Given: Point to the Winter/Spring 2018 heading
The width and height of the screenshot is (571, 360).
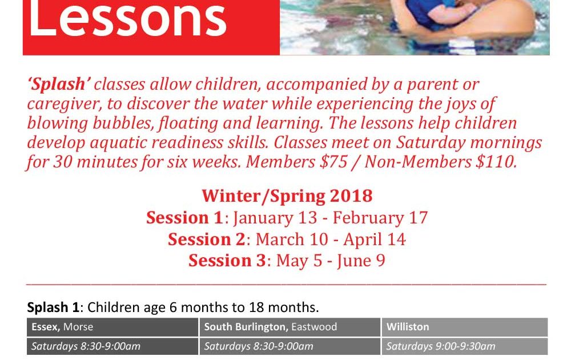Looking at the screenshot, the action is [287, 195].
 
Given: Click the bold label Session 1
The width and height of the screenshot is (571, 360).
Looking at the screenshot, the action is [184, 218].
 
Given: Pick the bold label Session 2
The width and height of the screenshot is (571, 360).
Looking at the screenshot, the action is [207, 239].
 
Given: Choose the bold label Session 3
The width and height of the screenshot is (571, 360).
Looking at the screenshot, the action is [227, 261].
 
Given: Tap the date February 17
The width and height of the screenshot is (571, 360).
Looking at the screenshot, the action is [380, 218].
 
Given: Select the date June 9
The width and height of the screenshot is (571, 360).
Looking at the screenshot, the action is [361, 261].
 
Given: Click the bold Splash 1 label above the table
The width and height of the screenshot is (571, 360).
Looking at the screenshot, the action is [53, 307].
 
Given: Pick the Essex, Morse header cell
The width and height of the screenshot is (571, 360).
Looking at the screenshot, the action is [112, 327].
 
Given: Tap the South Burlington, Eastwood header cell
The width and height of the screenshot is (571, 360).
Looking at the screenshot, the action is [290, 327].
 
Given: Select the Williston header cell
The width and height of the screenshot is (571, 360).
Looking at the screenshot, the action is [465, 327].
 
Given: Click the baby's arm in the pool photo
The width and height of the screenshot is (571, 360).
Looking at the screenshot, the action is [447, 13].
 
